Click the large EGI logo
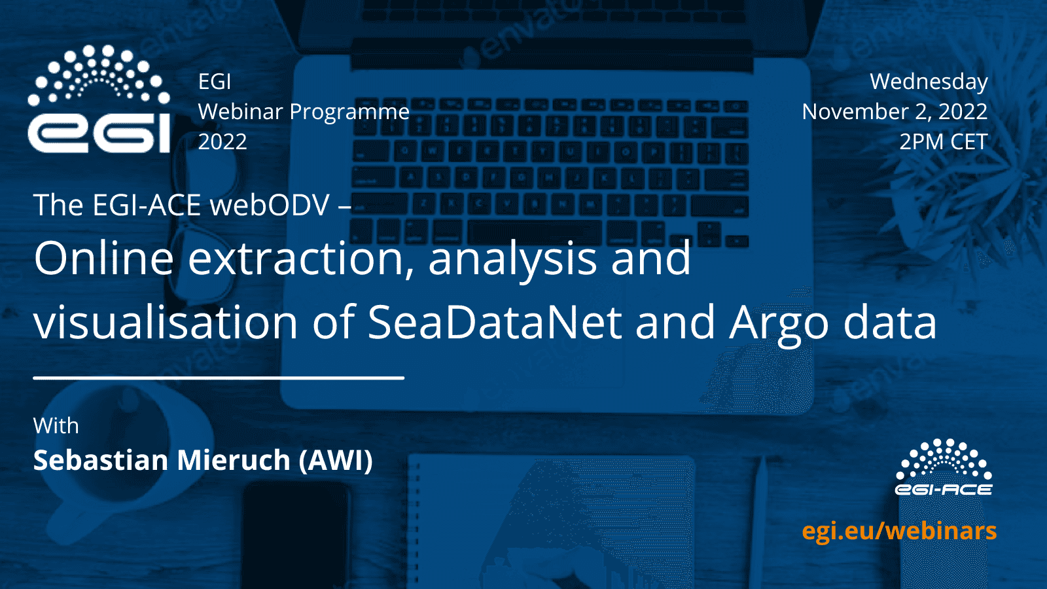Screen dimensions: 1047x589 tap(99, 99)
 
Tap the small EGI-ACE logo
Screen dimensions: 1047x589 tap(944, 467)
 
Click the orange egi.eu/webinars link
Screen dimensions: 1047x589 tap(899, 531)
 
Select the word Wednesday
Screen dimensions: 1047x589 tap(929, 82)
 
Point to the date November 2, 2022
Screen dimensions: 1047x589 tap(895, 112)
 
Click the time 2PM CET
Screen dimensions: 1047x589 tap(944, 141)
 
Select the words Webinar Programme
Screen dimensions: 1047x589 tap(304, 112)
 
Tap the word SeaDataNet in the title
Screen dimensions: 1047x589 tap(495, 322)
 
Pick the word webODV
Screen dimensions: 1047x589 tap(270, 205)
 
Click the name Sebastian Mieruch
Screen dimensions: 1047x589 tap(162, 460)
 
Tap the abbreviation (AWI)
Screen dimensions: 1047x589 tap(336, 461)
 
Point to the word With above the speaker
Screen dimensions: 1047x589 tap(56, 426)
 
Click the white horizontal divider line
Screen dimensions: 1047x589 tap(219, 378)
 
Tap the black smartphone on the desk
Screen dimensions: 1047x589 tap(296, 535)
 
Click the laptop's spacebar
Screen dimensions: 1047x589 tap(535, 232)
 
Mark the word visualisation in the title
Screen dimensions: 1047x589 tap(166, 322)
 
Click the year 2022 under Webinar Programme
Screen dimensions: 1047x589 tap(222, 141)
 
